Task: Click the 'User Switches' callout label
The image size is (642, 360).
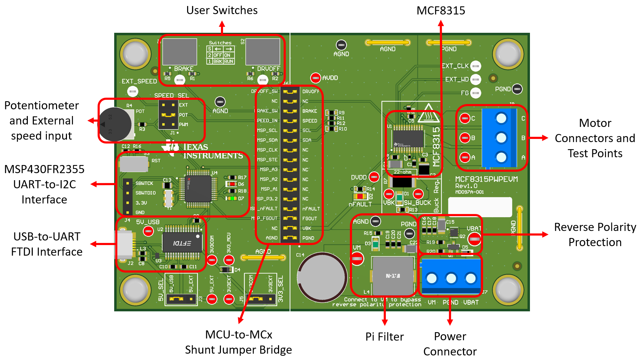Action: [x=222, y=11]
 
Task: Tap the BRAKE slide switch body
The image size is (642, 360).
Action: [x=179, y=52]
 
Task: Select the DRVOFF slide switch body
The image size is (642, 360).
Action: [x=263, y=52]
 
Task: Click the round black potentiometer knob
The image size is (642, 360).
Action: [x=115, y=124]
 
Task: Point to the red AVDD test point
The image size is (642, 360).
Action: [x=315, y=78]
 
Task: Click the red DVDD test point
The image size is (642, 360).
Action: [x=374, y=177]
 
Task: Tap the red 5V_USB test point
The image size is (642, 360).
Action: [x=148, y=231]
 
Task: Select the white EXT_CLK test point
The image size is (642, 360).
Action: [x=476, y=66]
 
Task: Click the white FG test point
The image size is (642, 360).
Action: [x=476, y=93]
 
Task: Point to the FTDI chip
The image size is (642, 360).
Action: [x=182, y=243]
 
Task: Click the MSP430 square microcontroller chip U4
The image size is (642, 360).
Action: [x=198, y=189]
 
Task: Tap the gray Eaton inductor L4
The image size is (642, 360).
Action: [x=393, y=276]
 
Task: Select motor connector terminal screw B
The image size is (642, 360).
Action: [x=501, y=138]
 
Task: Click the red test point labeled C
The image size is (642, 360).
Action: [x=465, y=118]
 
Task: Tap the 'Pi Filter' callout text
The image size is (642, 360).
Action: [x=384, y=337]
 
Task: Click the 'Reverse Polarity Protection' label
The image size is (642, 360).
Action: [x=595, y=234]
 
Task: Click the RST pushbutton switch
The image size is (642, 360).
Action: [x=134, y=164]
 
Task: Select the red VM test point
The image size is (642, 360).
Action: [x=357, y=258]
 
